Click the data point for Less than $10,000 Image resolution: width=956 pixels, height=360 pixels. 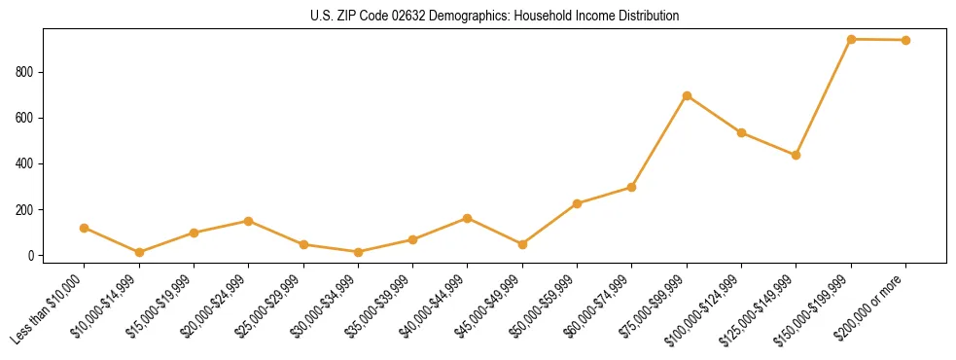click(x=85, y=228)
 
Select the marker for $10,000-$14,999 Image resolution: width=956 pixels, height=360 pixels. click(x=139, y=252)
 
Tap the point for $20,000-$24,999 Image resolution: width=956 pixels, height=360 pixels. click(x=249, y=221)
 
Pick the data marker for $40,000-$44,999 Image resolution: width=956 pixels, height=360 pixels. click(x=468, y=218)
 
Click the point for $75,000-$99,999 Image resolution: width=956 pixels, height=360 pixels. click(x=687, y=95)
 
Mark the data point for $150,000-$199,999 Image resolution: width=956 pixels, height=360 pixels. click(x=851, y=39)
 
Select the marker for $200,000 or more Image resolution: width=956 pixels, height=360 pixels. click(x=905, y=40)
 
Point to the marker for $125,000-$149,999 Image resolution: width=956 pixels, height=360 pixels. click(x=797, y=155)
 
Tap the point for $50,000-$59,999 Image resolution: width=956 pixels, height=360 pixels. click(x=578, y=203)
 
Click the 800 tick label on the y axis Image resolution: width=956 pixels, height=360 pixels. click(x=26, y=72)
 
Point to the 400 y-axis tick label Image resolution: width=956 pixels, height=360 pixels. click(x=26, y=163)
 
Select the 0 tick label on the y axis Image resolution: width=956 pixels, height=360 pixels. click(x=32, y=256)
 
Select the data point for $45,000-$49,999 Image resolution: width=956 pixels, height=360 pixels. click(x=522, y=244)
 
